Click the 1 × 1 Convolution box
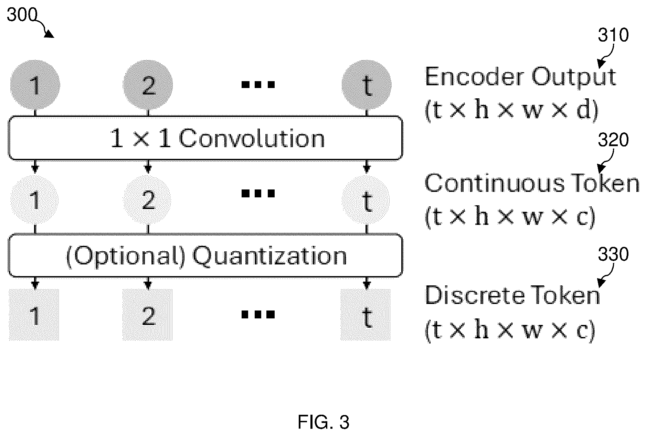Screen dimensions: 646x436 (205, 138)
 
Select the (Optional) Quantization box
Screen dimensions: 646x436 (205, 256)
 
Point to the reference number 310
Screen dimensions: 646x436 (613, 35)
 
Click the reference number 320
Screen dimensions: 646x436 (613, 140)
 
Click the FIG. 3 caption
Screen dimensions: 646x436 (324, 422)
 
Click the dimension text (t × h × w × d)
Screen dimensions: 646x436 (511, 111)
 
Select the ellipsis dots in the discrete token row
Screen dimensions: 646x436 (258, 314)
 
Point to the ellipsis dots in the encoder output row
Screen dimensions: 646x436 (258, 84)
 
